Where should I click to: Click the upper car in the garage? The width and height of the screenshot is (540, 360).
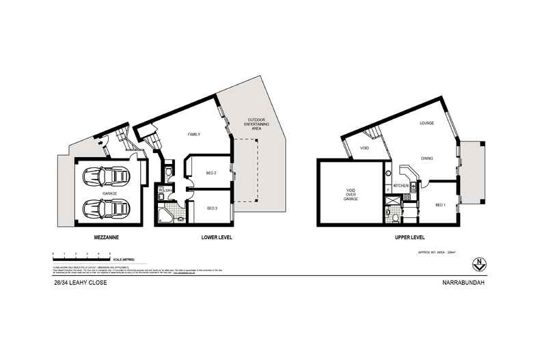[105, 178]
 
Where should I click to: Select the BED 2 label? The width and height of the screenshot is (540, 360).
[211, 173]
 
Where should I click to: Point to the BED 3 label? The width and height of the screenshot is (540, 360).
[211, 208]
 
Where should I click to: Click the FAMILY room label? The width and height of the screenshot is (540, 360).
[194, 135]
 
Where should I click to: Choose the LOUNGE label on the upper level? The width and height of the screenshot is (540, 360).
[428, 123]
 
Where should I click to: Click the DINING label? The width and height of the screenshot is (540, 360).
[427, 158]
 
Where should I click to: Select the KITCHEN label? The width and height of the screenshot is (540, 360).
[401, 186]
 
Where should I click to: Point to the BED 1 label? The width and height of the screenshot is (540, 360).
[440, 204]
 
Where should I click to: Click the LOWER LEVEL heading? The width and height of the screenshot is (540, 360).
[217, 238]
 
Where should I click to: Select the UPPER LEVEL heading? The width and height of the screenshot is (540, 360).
[410, 238]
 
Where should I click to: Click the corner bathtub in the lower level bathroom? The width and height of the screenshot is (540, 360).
[164, 218]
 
